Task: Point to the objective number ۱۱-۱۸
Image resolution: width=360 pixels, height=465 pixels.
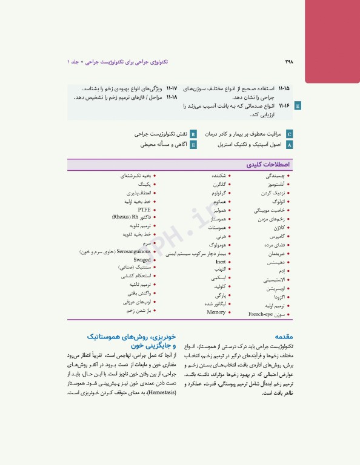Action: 171,97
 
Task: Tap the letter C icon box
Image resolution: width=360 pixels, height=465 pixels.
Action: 289,134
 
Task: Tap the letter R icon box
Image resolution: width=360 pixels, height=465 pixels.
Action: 193,134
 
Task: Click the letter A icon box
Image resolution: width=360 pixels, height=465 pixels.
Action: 289,145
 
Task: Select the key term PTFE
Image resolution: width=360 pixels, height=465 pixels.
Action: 144,209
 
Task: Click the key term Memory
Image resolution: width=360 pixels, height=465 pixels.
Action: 216,312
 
